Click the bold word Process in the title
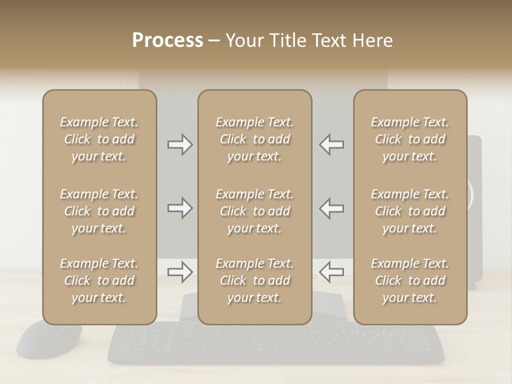click(167, 41)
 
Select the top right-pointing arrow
click(180, 145)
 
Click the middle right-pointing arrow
click(180, 208)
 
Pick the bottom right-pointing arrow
click(180, 272)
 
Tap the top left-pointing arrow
click(331, 145)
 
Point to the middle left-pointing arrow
click(331, 208)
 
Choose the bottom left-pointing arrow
click(331, 272)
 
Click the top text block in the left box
click(99, 139)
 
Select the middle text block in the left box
click(99, 211)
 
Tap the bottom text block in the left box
click(99, 281)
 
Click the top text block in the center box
click(254, 139)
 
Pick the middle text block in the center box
click(254, 211)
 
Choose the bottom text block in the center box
click(254, 281)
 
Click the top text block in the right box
click(410, 139)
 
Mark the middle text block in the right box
click(410, 211)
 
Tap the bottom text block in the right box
click(410, 281)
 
